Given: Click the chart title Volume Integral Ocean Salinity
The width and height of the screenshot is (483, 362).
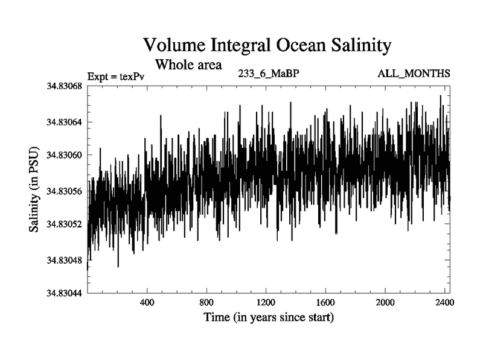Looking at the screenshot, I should (267, 45).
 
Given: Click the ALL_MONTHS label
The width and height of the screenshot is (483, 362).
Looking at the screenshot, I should (414, 74).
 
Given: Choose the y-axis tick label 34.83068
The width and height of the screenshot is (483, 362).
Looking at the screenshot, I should (65, 86).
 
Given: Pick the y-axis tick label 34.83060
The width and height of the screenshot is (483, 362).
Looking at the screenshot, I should (65, 155).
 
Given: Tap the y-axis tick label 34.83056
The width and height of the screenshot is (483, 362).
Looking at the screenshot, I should (65, 191).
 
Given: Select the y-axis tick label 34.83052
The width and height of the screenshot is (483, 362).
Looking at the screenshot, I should (65, 224).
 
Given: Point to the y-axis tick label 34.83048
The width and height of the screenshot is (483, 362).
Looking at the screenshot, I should (65, 260).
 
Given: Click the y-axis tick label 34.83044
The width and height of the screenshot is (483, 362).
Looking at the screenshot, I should (65, 293).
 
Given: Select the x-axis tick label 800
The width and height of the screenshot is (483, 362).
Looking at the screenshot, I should (207, 302).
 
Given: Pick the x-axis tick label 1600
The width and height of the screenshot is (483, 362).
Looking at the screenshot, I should (325, 302).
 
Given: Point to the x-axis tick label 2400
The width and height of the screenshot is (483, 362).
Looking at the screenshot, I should (444, 302).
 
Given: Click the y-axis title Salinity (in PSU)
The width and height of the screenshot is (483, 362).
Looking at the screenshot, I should (34, 190).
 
